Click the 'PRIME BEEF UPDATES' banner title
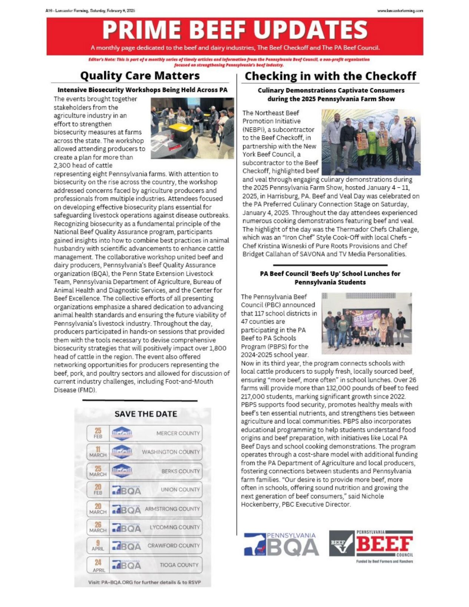pyautogui.click(x=235, y=30)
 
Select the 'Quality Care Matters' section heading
pyautogui.click(x=140, y=76)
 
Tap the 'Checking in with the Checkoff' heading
pyautogui.click(x=330, y=76)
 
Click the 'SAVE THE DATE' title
pyautogui.click(x=146, y=414)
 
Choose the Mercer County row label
pyautogui.click(x=178, y=433)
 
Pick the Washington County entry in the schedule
pyautogui.click(x=171, y=452)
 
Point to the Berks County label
pyautogui.click(x=180, y=471)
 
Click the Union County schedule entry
pyautogui.click(x=180, y=489)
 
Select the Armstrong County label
pyautogui.click(x=172, y=509)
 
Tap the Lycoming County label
pyautogui.click(x=175, y=527)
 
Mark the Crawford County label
pyautogui.click(x=174, y=545)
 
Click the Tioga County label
pyautogui.click(x=179, y=565)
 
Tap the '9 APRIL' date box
pyautogui.click(x=98, y=545)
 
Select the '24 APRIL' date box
pyautogui.click(x=98, y=565)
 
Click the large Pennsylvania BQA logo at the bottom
pyautogui.click(x=281, y=544)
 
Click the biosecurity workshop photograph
pyautogui.click(x=192, y=128)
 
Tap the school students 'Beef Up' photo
pyautogui.click(x=366, y=323)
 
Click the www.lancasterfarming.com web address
pyautogui.click(x=400, y=11)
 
